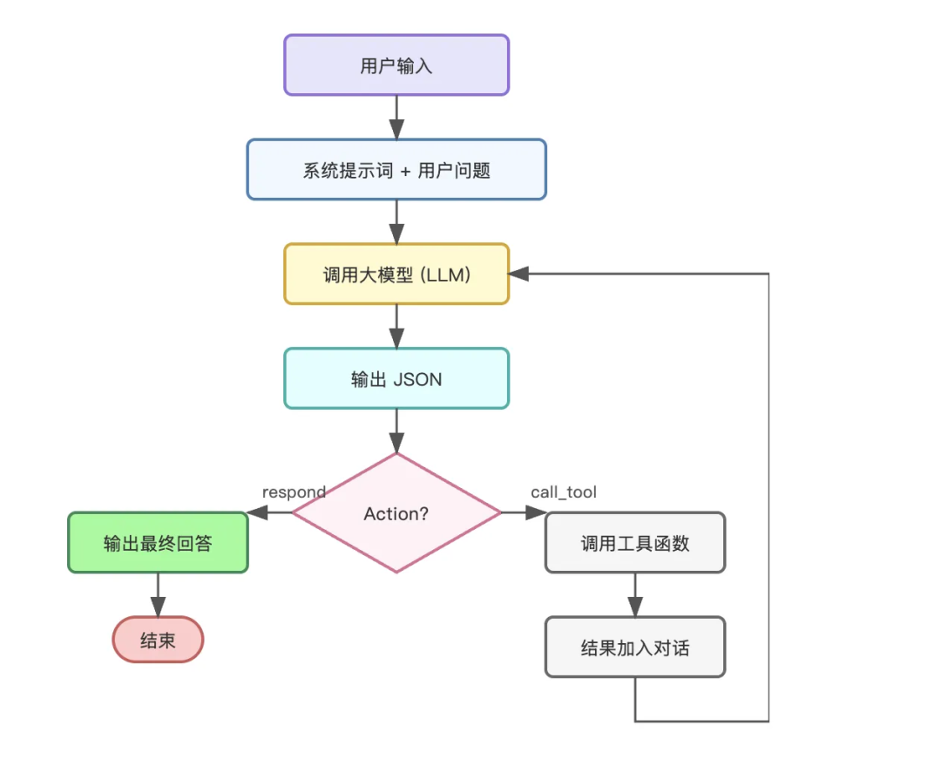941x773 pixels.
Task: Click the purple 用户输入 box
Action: [396, 65]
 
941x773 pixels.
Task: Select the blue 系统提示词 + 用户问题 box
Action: [396, 170]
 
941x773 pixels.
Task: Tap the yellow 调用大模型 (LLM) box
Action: [396, 275]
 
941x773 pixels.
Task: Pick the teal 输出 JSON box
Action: [396, 379]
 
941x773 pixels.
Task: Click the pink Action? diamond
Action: [396, 513]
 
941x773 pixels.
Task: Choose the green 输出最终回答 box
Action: [158, 543]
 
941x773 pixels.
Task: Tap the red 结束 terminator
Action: [158, 641]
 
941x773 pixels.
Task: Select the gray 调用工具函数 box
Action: [635, 543]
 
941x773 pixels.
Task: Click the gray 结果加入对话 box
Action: [635, 648]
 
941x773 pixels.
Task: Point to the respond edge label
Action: [294, 492]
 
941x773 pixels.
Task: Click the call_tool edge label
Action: [564, 492]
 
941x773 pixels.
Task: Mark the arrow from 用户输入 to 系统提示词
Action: [396, 118]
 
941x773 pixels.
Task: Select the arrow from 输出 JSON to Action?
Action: [396, 431]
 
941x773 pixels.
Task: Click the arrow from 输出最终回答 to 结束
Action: [158, 595]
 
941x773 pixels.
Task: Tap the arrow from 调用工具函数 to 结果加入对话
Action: [635, 595]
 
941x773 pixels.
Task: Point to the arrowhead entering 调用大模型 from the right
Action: [519, 274]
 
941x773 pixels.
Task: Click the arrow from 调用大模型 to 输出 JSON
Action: [396, 327]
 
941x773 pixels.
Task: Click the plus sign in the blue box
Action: [405, 171]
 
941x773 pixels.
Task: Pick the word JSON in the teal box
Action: [418, 379]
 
